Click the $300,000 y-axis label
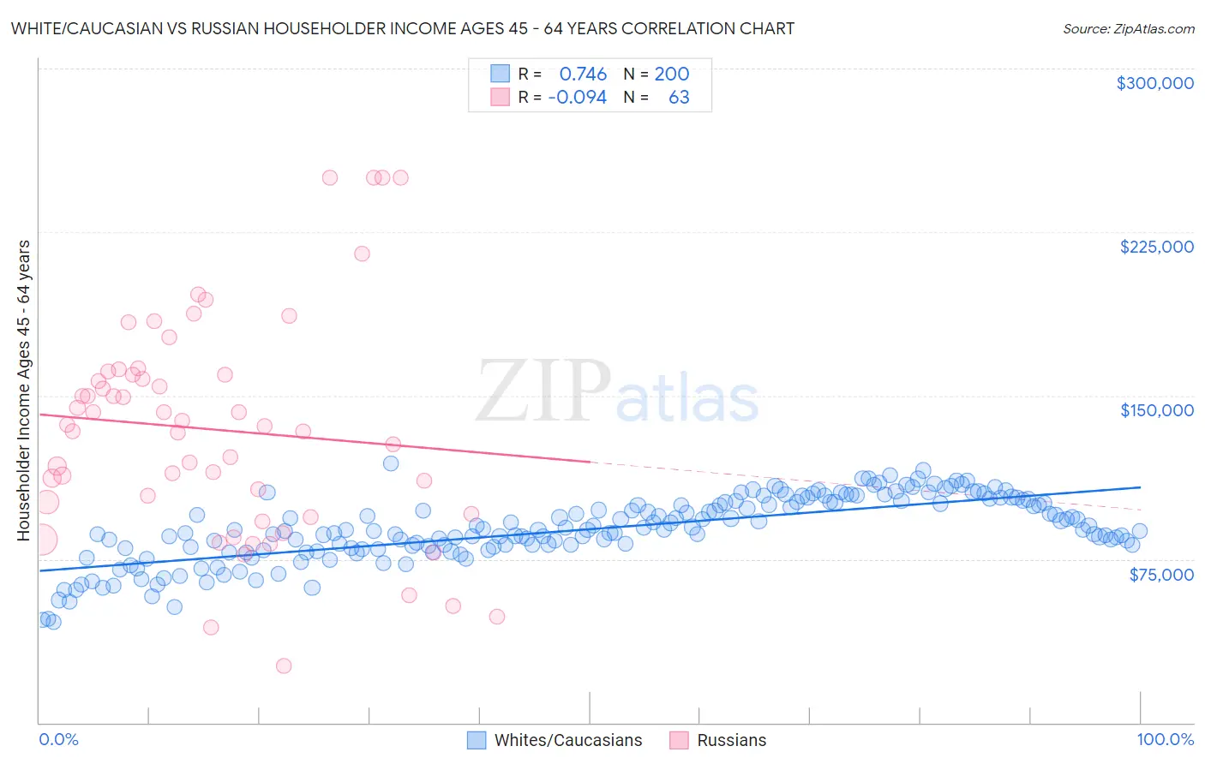click(1154, 83)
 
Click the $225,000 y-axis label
click(1156, 247)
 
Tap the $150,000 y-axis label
click(1156, 410)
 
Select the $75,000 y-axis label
click(1160, 575)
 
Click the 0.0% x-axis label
click(58, 739)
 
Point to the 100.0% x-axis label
click(1165, 739)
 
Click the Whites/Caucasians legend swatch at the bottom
click(477, 740)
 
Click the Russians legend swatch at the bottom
click(679, 740)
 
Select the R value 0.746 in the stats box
click(583, 75)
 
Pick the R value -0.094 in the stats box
click(577, 98)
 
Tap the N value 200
click(671, 75)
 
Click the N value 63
click(679, 98)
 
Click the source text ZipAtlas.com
click(1128, 29)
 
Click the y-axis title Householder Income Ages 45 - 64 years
click(24, 391)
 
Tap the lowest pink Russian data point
click(284, 666)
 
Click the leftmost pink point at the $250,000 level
click(330, 178)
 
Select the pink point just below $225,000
click(362, 254)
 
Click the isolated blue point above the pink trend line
click(391, 463)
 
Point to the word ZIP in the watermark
click(543, 392)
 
